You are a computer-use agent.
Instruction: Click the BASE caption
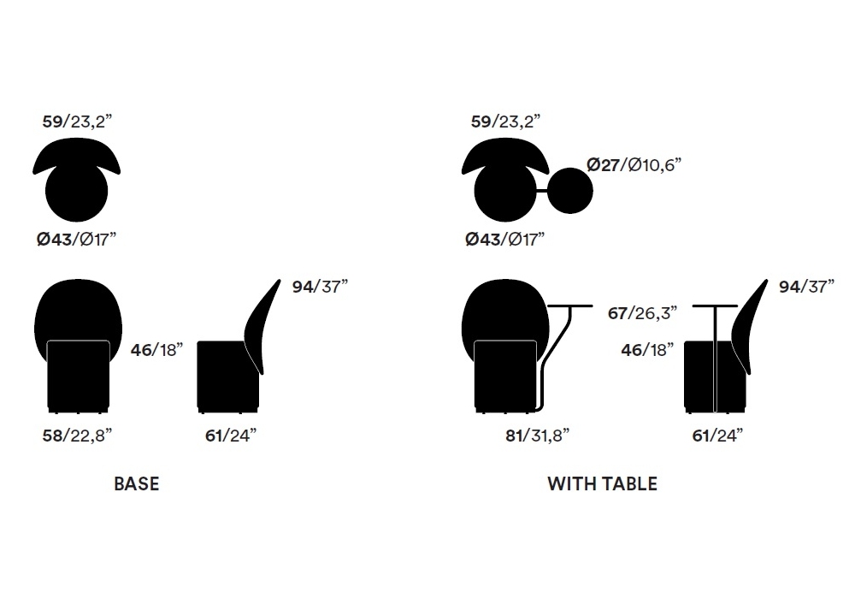[x=136, y=483]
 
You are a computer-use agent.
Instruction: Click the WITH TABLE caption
[x=603, y=483]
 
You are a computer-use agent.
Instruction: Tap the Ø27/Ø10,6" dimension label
[x=634, y=164]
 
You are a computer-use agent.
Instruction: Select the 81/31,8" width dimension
[x=537, y=436]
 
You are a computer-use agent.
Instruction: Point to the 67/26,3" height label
[x=642, y=313]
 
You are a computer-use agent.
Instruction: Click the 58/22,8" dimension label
[x=77, y=436]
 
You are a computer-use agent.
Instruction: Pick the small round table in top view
[x=569, y=190]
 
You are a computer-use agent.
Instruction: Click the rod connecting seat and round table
[x=541, y=191]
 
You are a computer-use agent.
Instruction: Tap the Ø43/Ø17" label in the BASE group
[x=76, y=239]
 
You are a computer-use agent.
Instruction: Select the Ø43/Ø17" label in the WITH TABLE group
[x=505, y=239]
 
